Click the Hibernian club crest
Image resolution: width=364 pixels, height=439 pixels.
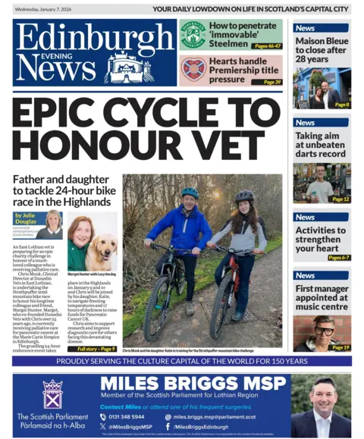pyautogui.click(x=193, y=34)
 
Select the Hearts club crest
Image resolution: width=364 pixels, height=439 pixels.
pyautogui.click(x=193, y=69)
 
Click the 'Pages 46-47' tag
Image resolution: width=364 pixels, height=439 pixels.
pyautogui.click(x=266, y=45)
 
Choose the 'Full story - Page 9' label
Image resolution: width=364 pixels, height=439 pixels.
pyautogui.click(x=96, y=350)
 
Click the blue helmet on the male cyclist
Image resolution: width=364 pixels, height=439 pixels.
pyautogui.click(x=190, y=193)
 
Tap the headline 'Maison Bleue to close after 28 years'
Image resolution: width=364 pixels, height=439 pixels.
pyautogui.click(x=322, y=49)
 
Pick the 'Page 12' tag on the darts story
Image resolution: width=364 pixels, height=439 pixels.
pyautogui.click(x=339, y=199)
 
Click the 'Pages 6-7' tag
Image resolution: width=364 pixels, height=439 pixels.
pyautogui.click(x=337, y=258)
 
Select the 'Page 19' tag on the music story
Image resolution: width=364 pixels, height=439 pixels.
pyautogui.click(x=339, y=346)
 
